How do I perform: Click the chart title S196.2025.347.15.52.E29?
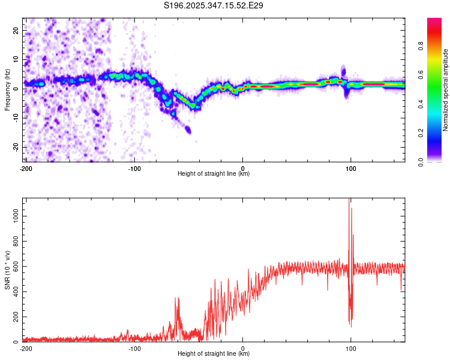(x=214, y=6)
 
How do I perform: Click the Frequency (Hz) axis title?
(x=7, y=90)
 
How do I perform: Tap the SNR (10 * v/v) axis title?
(x=7, y=270)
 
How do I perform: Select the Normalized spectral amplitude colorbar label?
(x=446, y=90)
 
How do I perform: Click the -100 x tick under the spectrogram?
(x=134, y=168)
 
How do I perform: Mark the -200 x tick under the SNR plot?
(x=26, y=348)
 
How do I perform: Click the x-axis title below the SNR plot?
(x=214, y=354)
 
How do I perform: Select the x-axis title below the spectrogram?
(x=214, y=174)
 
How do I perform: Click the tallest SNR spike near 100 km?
(x=349, y=201)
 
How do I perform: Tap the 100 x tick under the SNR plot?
(x=351, y=348)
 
